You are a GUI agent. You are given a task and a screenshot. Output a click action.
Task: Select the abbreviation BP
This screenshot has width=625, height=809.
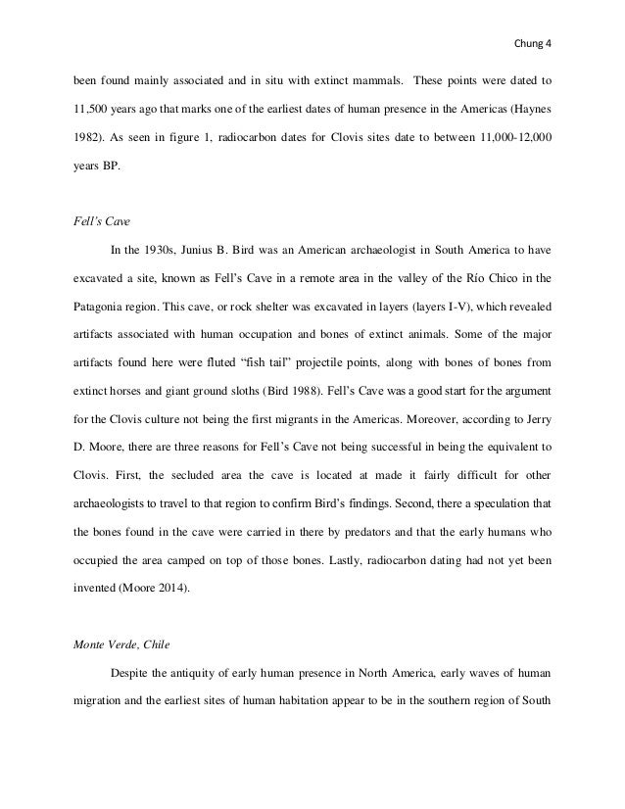coord(114,171)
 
